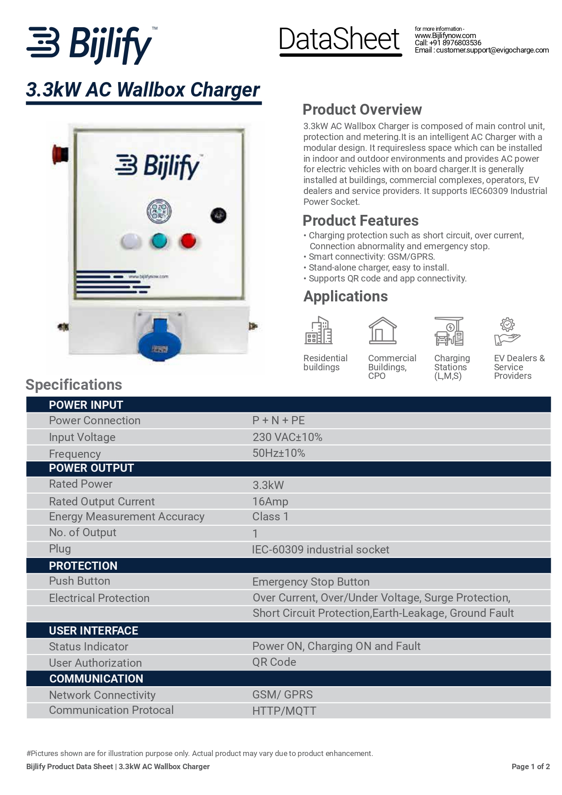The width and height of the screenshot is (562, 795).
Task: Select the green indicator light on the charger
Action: click(159, 241)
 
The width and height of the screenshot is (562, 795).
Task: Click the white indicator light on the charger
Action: click(130, 241)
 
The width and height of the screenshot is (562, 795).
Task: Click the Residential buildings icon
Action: click(318, 330)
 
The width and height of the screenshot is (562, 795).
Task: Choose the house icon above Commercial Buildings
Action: click(382, 330)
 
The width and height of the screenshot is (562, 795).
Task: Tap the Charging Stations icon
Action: click(449, 331)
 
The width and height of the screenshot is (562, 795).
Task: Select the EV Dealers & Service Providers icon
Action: click(507, 331)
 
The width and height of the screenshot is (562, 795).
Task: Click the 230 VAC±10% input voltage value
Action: click(287, 437)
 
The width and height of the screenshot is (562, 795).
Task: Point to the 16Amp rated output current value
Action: click(270, 502)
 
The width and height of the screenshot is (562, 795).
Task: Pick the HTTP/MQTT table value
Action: click(284, 711)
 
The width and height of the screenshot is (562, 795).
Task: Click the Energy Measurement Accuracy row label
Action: click(126, 517)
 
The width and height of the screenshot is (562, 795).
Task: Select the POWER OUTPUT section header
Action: click(91, 468)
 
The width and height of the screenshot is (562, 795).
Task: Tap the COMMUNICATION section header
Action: click(96, 679)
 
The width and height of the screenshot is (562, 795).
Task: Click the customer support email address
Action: click(492, 50)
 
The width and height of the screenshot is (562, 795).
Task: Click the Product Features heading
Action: click(360, 221)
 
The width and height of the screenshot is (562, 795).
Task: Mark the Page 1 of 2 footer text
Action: click(530, 766)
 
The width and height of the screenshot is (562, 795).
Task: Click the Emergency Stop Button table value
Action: click(311, 582)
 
